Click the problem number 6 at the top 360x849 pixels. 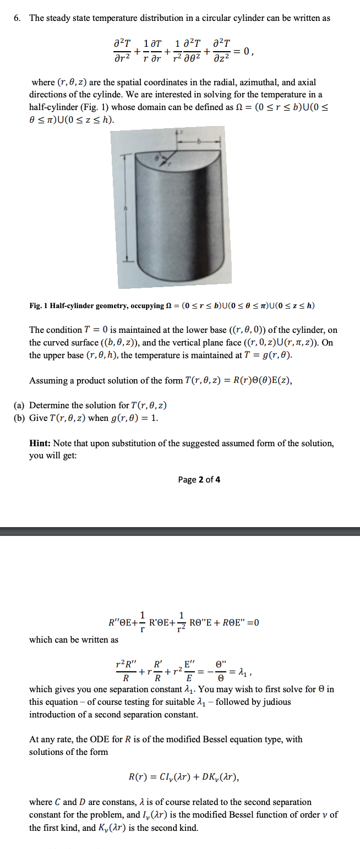coord(17,18)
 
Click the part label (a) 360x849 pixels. coord(20,406)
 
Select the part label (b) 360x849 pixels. coord(20,418)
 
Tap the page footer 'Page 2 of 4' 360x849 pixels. coord(199,480)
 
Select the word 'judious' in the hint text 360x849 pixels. coord(274,702)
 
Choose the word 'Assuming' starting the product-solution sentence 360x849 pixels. coord(47,380)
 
